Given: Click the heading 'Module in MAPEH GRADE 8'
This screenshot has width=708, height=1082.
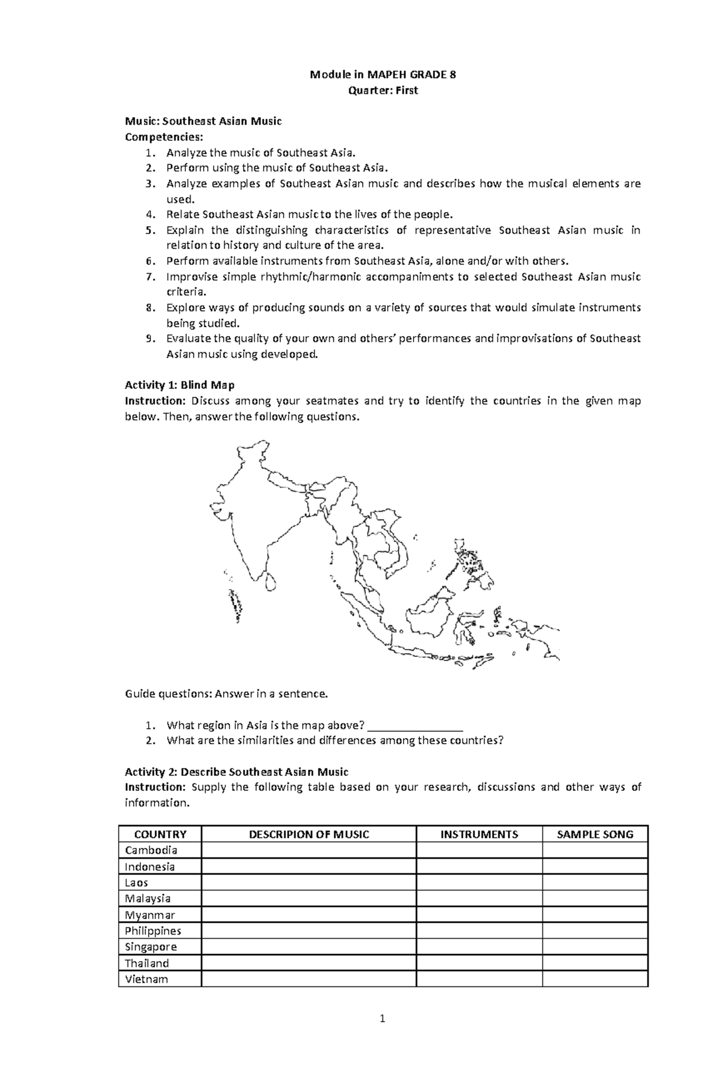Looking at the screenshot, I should [x=383, y=75].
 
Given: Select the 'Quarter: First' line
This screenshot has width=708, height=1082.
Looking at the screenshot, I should [x=383, y=90].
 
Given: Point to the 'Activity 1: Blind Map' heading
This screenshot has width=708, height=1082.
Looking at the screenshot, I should [x=179, y=385].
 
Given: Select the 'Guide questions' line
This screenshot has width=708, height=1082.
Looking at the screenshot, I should [x=226, y=693].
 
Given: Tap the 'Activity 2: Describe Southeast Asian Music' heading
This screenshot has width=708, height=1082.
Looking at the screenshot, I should [x=237, y=772].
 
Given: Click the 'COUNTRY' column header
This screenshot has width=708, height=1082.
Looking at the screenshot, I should [x=160, y=834].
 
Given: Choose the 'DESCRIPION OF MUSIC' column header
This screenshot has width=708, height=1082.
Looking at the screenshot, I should [x=309, y=834].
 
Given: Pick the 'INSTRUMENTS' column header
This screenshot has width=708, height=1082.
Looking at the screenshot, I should [x=479, y=834].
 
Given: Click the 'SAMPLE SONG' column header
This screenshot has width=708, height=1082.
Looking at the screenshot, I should [x=595, y=834].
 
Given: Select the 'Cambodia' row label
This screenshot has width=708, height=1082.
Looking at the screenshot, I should [x=151, y=850].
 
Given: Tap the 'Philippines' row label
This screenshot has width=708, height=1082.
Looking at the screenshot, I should [x=153, y=931].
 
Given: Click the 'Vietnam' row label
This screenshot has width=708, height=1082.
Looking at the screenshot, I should [x=146, y=979].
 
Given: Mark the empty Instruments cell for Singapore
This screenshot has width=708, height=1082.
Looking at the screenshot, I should [x=479, y=947].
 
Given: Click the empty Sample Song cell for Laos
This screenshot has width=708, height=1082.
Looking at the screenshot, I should [x=595, y=883].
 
